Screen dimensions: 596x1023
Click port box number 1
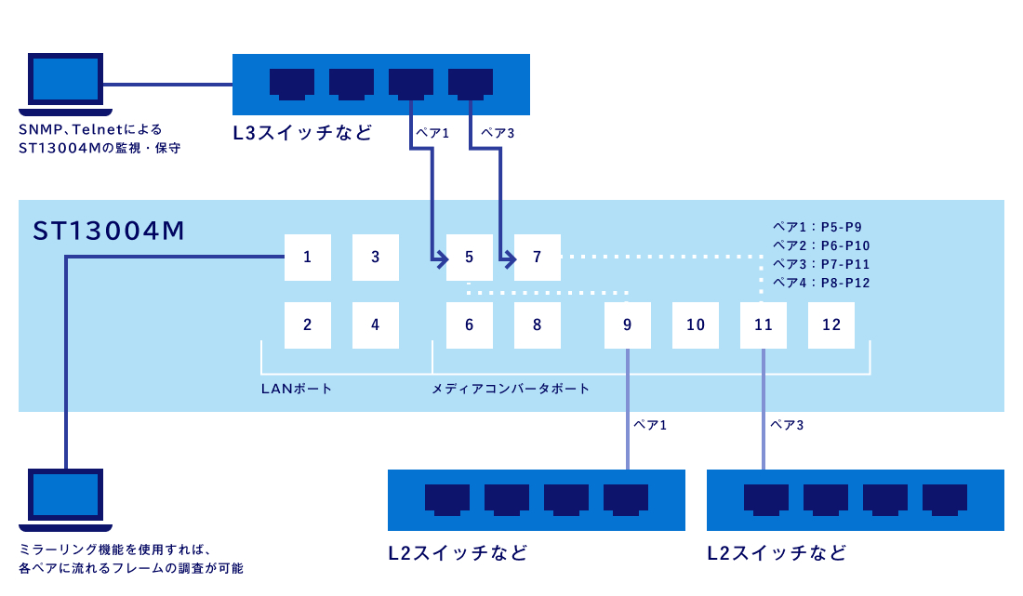(x=307, y=258)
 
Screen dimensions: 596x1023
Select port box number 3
(x=376, y=258)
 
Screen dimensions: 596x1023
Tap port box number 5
(x=469, y=258)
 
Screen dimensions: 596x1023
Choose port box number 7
(x=538, y=258)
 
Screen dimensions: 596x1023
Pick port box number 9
(x=627, y=325)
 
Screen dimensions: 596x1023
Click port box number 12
(x=831, y=325)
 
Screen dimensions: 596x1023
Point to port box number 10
(x=696, y=325)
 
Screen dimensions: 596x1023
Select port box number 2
(x=307, y=325)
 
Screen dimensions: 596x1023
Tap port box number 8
(x=538, y=325)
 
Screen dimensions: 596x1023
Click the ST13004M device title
(x=108, y=231)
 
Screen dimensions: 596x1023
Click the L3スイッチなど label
(x=302, y=133)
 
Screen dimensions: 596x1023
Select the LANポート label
(x=297, y=389)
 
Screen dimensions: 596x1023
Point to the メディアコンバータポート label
(x=511, y=389)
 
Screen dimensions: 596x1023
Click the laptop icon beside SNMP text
(x=65, y=83)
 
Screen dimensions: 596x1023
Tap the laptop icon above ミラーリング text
(x=65, y=499)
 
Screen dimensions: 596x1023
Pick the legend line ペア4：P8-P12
(x=821, y=283)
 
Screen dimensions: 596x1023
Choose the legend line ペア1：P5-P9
(x=818, y=226)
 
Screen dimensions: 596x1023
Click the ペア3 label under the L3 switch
(x=498, y=134)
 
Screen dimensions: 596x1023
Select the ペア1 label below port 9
(x=650, y=425)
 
